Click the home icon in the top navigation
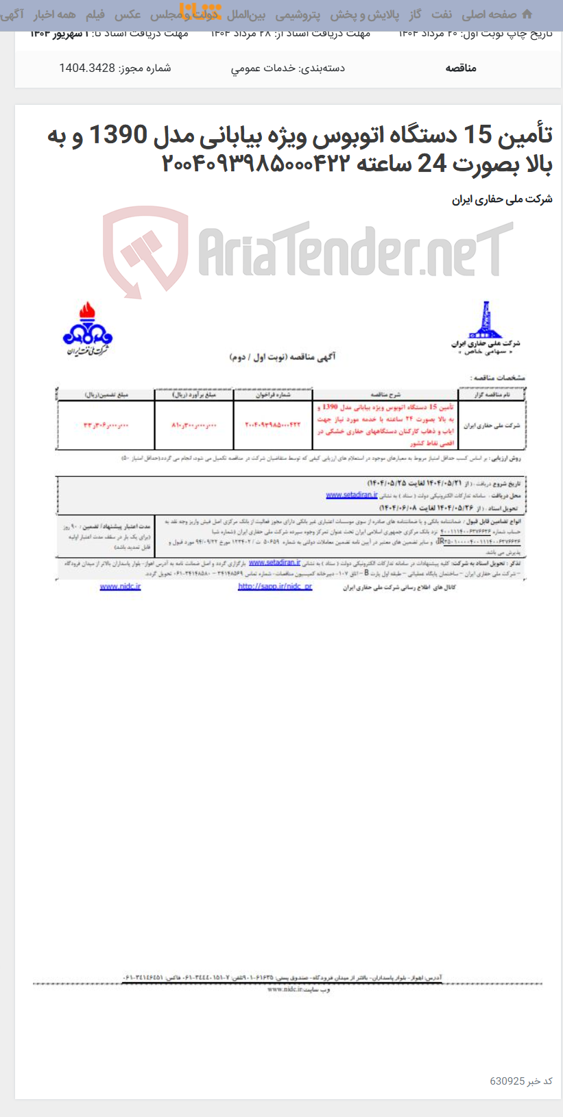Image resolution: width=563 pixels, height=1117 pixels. [527, 14]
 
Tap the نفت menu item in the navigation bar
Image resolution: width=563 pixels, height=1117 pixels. [442, 14]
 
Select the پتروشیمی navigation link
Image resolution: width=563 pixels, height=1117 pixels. [298, 14]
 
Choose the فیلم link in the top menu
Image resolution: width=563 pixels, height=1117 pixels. [95, 14]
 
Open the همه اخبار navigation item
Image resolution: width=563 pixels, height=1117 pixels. [55, 14]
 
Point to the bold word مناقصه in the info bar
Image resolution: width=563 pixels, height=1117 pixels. [461, 68]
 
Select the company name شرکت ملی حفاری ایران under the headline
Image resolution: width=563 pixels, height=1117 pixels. [502, 199]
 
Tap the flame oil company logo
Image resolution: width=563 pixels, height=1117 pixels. [87, 330]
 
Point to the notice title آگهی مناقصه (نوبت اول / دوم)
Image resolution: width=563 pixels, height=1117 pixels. [283, 357]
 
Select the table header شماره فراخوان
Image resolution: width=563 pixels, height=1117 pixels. [273, 395]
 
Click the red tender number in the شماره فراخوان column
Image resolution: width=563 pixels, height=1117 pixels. [273, 425]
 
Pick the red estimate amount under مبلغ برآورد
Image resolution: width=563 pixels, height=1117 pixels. [194, 425]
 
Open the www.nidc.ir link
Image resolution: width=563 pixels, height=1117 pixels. [120, 587]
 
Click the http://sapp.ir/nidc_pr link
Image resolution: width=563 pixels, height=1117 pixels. [275, 587]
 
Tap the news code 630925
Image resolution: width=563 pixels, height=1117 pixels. [507, 1081]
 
